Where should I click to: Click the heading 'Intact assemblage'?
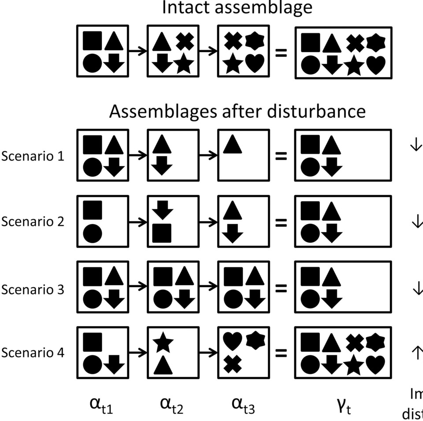237,8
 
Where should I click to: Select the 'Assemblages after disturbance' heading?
237,111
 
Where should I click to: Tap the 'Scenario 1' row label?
33,156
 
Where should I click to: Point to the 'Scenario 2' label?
33,221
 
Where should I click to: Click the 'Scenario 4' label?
33,353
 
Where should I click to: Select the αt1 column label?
102,405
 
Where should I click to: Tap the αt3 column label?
243,405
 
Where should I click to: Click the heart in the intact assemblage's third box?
255,64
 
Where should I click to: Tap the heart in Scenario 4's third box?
232,341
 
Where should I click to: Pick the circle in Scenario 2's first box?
92,233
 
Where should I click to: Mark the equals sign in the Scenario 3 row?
281,289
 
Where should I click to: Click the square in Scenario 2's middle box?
162,233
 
